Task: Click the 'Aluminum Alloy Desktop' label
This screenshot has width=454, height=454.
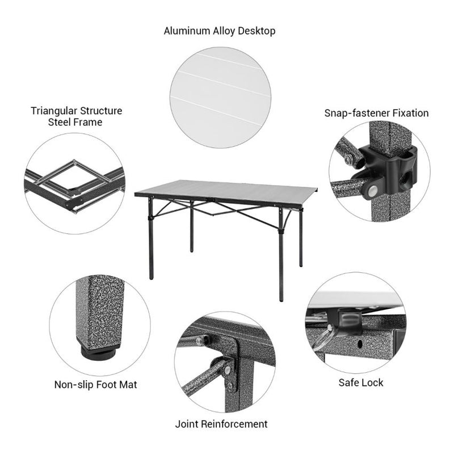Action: (x=220, y=31)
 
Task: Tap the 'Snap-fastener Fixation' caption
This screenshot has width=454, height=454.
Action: (x=376, y=113)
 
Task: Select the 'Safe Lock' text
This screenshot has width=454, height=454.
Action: (x=360, y=382)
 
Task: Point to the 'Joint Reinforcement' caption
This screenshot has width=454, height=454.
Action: (x=221, y=424)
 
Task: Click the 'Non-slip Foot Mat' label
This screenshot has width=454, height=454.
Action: (x=95, y=385)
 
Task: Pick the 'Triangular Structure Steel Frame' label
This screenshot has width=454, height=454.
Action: (x=76, y=116)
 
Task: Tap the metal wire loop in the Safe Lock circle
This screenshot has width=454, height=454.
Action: (x=322, y=340)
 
